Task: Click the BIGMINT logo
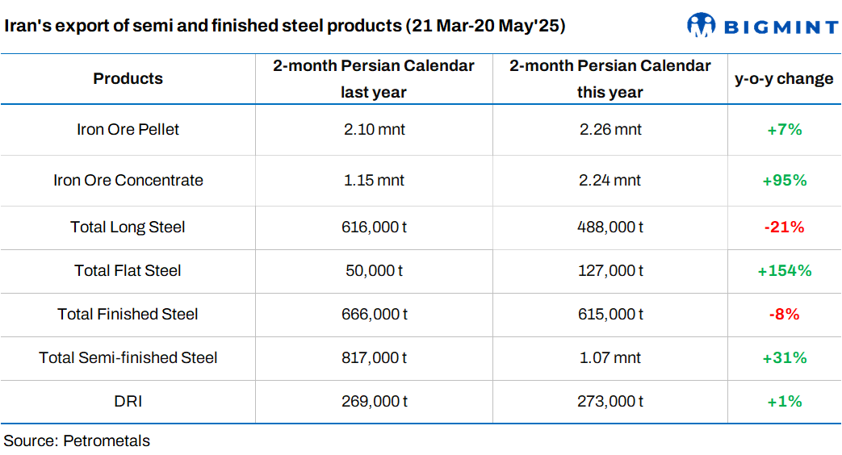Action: coord(762,26)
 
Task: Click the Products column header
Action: coord(128,78)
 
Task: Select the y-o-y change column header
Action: coord(784,78)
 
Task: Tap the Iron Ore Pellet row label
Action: coord(128,129)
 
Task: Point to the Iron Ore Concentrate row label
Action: coord(128,180)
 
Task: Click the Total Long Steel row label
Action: coord(128,227)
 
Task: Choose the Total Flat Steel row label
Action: coord(128,270)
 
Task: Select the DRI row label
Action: coord(128,401)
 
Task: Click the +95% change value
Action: coord(784,180)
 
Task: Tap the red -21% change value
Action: coord(784,227)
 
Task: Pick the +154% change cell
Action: coord(784,270)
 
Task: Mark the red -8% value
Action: coord(784,314)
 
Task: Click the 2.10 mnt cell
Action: coord(373,129)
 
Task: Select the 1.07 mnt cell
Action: coord(610,357)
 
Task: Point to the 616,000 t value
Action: coord(373,227)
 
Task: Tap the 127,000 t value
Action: coord(610,270)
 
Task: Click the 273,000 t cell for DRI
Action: coord(610,401)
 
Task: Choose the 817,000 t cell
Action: coord(373,357)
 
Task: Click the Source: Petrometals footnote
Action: coord(77,440)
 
